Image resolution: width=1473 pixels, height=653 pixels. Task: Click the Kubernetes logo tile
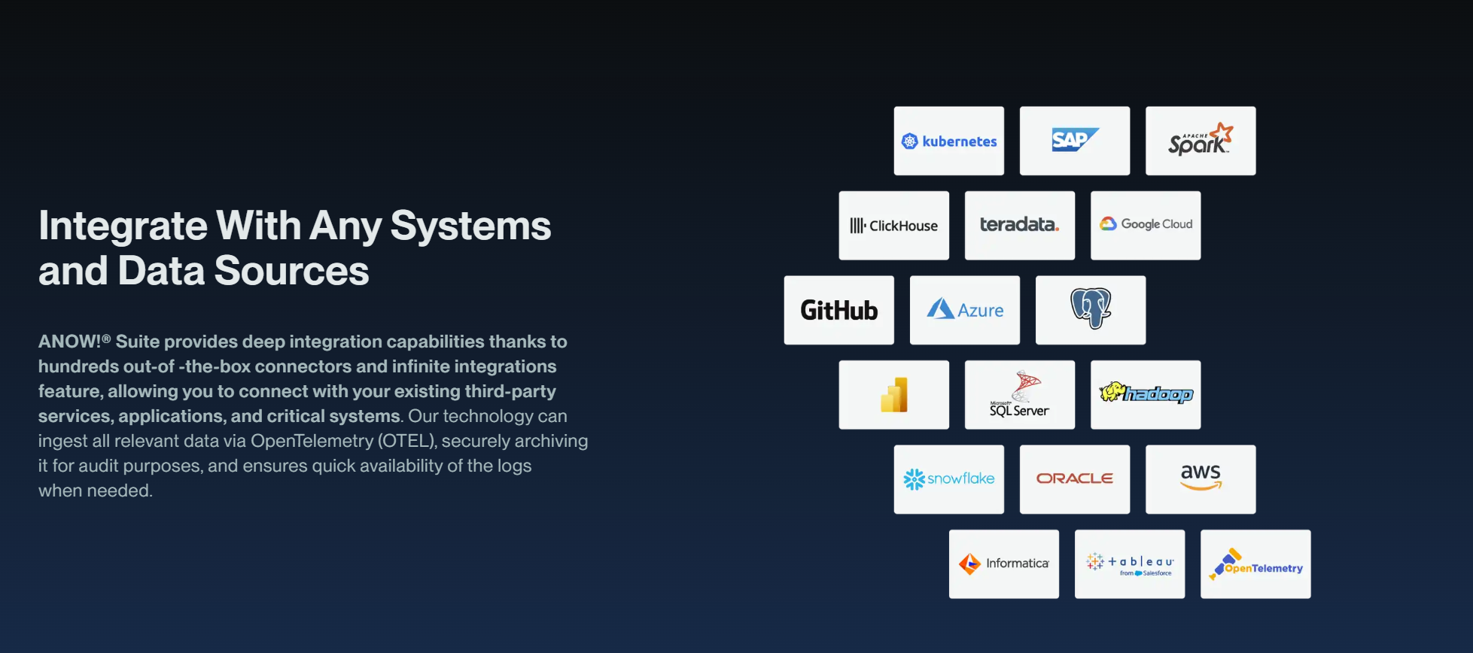[x=948, y=141]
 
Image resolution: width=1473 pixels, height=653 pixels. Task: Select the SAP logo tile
[x=1074, y=141]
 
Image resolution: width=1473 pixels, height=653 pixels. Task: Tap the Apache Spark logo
[x=1200, y=141]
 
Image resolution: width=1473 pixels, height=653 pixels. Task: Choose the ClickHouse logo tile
[x=893, y=226]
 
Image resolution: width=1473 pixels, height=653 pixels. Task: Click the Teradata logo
[x=1019, y=225]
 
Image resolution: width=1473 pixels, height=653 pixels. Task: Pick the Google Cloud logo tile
[x=1145, y=225]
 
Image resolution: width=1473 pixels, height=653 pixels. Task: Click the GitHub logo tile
[x=838, y=310]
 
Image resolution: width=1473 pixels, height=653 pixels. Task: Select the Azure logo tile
[x=964, y=310]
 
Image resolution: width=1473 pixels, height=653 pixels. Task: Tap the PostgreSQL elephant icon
[x=1091, y=308]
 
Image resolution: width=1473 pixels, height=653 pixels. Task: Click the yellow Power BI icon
[x=894, y=395]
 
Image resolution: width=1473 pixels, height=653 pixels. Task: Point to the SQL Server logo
[x=1019, y=395]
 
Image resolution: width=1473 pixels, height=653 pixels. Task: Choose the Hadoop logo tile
[x=1145, y=394]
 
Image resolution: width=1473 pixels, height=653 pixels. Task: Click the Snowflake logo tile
[x=948, y=479]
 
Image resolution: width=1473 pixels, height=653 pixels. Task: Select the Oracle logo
[x=1074, y=479]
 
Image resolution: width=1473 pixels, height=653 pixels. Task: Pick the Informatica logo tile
[x=1003, y=563]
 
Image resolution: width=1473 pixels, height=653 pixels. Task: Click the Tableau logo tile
[x=1129, y=563]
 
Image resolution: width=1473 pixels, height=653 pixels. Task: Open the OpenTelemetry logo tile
[x=1255, y=563]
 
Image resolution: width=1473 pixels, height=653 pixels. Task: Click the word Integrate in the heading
[x=123, y=226]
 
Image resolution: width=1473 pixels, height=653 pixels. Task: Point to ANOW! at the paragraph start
[x=70, y=342]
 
